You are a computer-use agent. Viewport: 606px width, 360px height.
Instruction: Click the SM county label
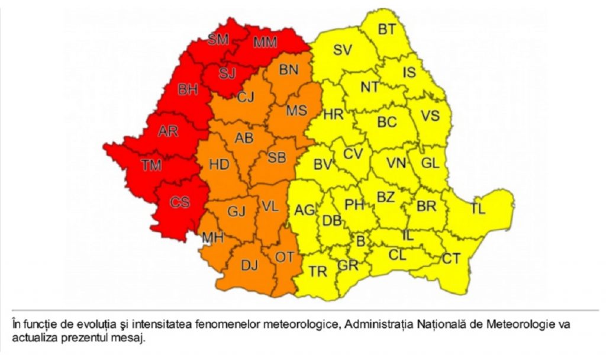(x=218, y=40)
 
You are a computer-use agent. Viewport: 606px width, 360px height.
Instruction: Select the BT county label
(x=387, y=29)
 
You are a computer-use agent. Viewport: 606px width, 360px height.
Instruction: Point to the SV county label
(x=342, y=50)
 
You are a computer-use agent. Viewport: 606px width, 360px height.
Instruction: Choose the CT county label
(x=451, y=259)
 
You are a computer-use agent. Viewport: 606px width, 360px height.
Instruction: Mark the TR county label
(x=318, y=272)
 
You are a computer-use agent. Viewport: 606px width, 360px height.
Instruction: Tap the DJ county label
(x=249, y=266)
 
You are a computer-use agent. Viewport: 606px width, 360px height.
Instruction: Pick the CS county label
(x=180, y=202)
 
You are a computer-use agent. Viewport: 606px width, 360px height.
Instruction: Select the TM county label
(x=151, y=166)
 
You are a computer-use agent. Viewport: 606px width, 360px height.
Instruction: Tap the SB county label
(x=277, y=158)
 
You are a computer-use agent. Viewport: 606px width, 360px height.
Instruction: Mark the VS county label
(x=430, y=116)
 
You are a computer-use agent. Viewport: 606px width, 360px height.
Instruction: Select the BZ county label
(x=386, y=198)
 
